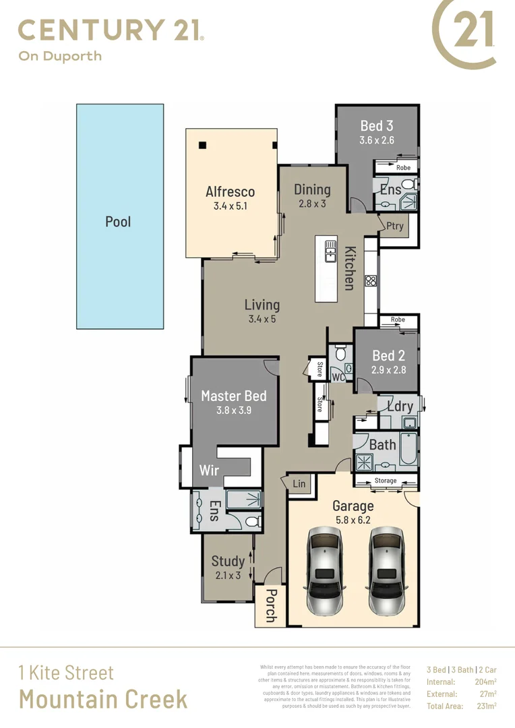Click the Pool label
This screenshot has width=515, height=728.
[x=118, y=222]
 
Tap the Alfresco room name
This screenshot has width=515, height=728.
[x=230, y=191]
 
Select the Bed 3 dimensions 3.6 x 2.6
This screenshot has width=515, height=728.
[x=376, y=141]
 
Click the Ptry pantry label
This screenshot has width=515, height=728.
[x=394, y=226]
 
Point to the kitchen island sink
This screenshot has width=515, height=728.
[x=330, y=251]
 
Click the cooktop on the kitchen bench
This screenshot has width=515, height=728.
[x=371, y=280]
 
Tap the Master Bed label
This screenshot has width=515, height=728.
[x=234, y=396]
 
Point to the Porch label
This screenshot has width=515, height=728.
[x=270, y=606]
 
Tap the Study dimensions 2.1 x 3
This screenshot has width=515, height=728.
[x=228, y=575]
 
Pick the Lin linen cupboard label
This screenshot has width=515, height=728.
[x=299, y=484]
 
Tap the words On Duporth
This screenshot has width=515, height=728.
[x=60, y=56]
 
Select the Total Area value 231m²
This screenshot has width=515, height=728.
[x=485, y=706]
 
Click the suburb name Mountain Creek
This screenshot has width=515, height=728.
[x=103, y=699]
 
